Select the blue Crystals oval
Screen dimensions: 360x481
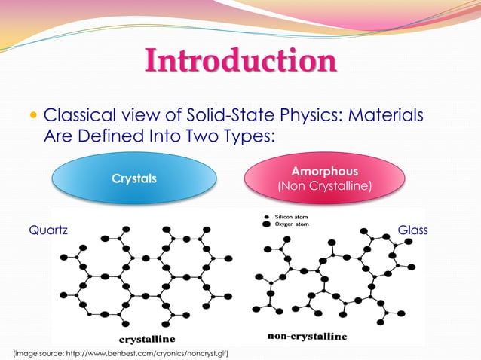click(x=134, y=179)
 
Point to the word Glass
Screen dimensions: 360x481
click(x=412, y=231)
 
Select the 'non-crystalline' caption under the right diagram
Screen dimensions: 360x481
click(x=308, y=334)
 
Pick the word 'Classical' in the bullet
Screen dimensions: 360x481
click(x=81, y=117)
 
